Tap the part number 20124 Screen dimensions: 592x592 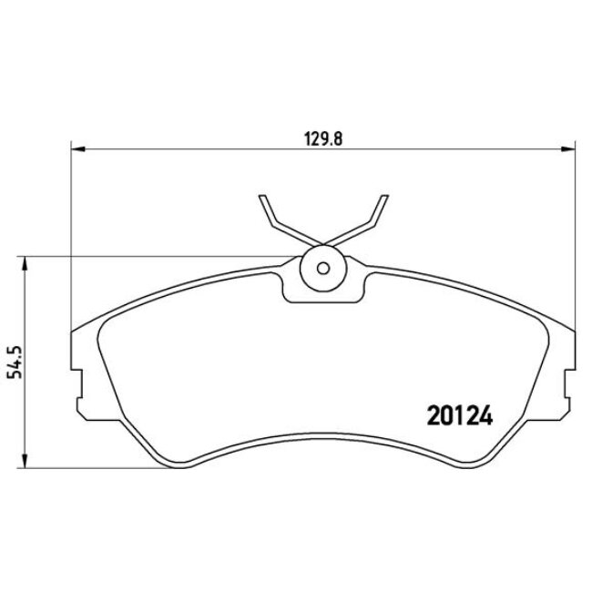pos(459,417)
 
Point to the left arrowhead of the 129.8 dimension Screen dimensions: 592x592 pos(77,148)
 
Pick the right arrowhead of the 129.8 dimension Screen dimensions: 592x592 pos(569,148)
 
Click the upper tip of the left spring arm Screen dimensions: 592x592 pos(262,198)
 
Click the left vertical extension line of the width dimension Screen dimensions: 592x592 pos(71,228)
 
